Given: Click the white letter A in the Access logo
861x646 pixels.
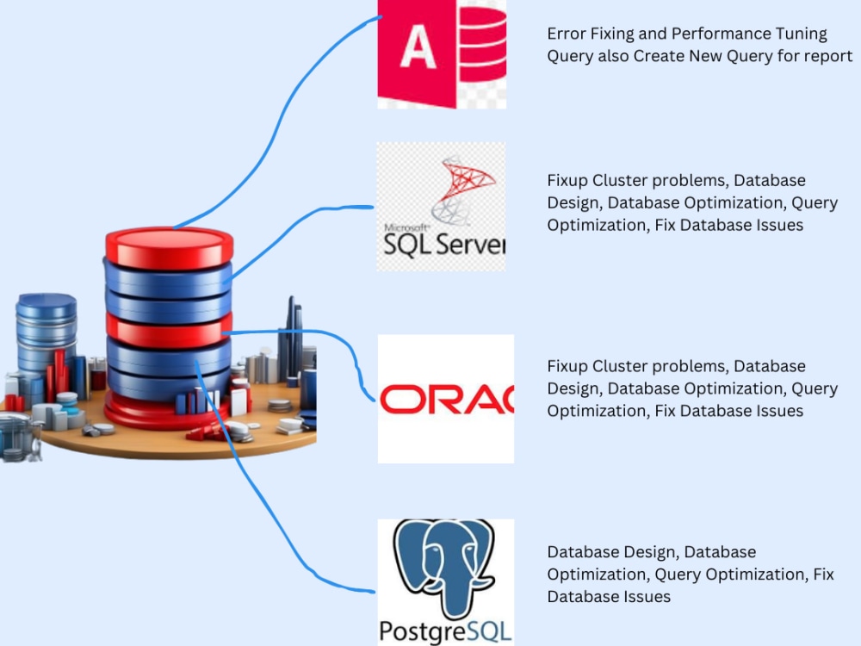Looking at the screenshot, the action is tap(418, 47).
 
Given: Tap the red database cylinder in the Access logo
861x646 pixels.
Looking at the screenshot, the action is tap(482, 43).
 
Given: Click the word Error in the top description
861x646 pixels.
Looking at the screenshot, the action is tap(567, 34).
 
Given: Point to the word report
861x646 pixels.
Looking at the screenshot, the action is tap(827, 57).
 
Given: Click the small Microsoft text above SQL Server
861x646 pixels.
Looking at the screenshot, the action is tap(406, 227).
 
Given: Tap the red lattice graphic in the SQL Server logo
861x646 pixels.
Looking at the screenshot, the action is tap(465, 190).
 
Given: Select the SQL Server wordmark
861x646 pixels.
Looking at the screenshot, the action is tap(444, 245).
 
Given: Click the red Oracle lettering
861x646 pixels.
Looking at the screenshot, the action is tap(447, 400).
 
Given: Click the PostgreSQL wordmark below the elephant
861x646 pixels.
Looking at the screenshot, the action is tap(445, 631).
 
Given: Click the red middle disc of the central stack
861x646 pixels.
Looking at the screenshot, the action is tap(169, 330).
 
